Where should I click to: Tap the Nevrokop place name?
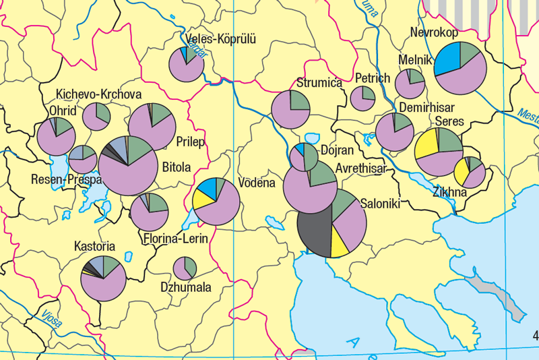(x=434, y=33)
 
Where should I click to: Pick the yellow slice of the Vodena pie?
(x=202, y=199)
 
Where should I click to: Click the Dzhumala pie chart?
(x=185, y=268)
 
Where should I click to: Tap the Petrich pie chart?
(x=362, y=99)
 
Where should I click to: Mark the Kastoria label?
(x=95, y=246)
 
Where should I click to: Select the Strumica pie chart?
(x=290, y=109)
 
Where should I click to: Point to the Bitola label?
(x=177, y=167)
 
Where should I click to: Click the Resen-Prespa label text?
(x=66, y=180)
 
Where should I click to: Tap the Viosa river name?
(x=51, y=318)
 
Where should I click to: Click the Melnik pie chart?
(x=410, y=84)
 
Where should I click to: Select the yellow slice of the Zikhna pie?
(x=462, y=173)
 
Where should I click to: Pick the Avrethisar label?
(x=360, y=169)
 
